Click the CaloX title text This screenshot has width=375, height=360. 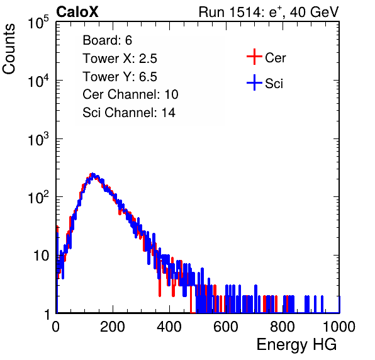click(x=77, y=12)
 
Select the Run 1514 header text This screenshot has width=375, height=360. click(x=269, y=12)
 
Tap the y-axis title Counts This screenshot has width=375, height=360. click(x=9, y=49)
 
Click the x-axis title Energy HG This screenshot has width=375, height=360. click(x=296, y=345)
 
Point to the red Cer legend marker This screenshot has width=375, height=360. click(x=254, y=57)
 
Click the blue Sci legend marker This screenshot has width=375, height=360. click(x=254, y=82)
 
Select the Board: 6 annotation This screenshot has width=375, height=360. click(x=108, y=40)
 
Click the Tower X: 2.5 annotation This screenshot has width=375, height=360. click(x=120, y=59)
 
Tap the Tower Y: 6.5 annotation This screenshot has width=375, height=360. click(x=120, y=77)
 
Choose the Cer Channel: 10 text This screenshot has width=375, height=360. click(x=130, y=94)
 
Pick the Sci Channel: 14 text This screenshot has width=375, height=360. click(x=129, y=113)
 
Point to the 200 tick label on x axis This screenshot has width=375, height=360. click(x=113, y=327)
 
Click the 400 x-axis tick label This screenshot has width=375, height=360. click(x=169, y=327)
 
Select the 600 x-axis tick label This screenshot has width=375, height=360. click(x=226, y=327)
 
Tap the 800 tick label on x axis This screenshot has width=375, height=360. click(x=283, y=327)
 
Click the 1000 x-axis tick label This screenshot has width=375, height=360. click(x=339, y=327)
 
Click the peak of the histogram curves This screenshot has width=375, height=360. click(x=92, y=174)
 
